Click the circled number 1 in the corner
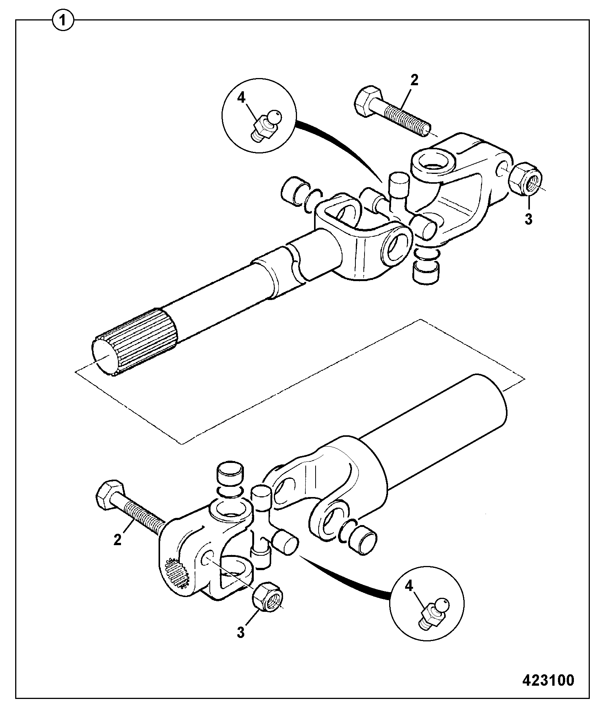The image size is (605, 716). coord(63,20)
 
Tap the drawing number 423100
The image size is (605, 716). coord(548,680)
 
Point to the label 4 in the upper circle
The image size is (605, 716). coord(241,98)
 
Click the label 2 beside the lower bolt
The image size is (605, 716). coord(118,539)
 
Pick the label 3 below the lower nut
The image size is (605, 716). coord(241,632)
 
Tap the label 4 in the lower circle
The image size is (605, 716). coord(409,586)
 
